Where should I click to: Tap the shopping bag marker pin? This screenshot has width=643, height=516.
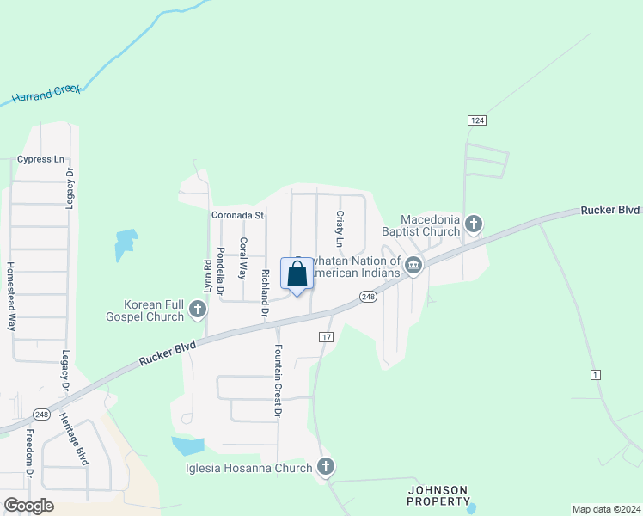tap(297, 275)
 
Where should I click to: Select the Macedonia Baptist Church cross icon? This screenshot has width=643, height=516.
tap(473, 225)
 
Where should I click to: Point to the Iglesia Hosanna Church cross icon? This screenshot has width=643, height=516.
tap(325, 467)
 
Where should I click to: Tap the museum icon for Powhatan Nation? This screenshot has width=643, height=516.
tap(413, 267)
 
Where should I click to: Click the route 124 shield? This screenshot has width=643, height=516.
tap(475, 119)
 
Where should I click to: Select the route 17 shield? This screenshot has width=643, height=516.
tap(326, 336)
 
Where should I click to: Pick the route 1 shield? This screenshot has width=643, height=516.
tap(595, 374)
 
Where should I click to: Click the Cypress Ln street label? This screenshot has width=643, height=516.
tap(40, 159)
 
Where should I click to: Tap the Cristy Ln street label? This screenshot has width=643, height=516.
tap(340, 230)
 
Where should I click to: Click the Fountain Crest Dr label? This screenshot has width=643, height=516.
tap(278, 382)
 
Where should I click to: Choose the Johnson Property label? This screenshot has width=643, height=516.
tap(438, 494)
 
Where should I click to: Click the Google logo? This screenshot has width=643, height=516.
tap(28, 506)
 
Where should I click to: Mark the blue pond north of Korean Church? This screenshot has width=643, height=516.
tap(126, 244)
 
